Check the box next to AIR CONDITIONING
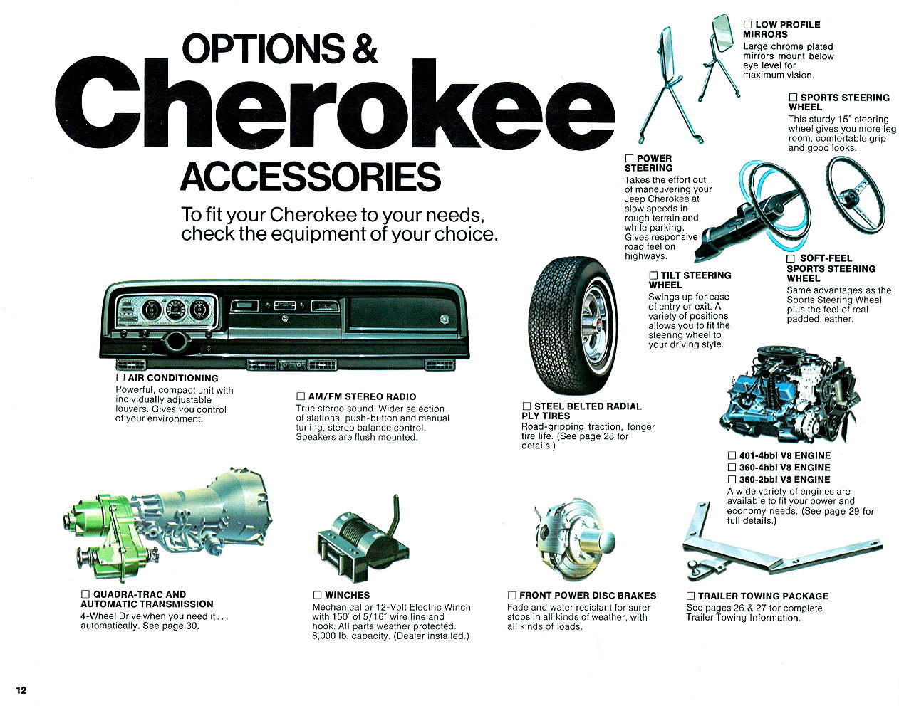coord(120,378)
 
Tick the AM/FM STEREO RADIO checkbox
coord(301,396)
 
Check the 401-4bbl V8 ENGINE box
coord(732,455)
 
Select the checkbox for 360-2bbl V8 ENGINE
coord(732,480)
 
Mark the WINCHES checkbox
coord(318,595)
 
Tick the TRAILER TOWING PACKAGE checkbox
coord(690,596)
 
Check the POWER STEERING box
coord(629,158)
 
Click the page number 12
coord(21,690)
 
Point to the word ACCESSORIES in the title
coord(311,176)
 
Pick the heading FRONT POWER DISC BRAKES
coord(588,596)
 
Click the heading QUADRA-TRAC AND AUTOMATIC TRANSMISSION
coord(146,599)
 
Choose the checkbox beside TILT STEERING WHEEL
coord(653,275)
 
